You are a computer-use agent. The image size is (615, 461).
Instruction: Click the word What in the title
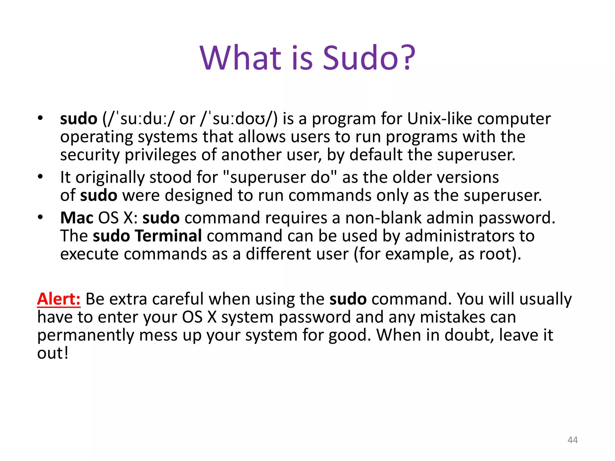click(240, 58)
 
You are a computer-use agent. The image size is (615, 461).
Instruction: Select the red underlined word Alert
click(59, 299)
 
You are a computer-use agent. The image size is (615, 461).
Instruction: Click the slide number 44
click(573, 440)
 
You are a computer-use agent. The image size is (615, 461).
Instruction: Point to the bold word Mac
click(77, 218)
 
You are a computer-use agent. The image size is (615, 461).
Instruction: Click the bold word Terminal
click(168, 236)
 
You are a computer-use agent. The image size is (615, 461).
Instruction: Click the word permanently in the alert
click(85, 336)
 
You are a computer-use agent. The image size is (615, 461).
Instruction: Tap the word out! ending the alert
click(53, 353)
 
